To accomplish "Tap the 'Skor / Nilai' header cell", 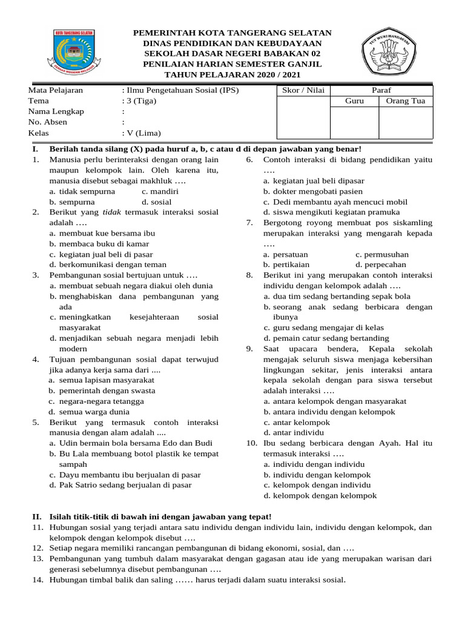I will click(x=303, y=90).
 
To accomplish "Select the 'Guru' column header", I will click(x=354, y=101).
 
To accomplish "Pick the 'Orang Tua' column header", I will click(x=406, y=101).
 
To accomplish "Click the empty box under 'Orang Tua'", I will click(x=406, y=122).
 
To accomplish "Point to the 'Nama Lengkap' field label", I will click(x=56, y=111).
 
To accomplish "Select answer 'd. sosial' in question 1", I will click(x=156, y=202).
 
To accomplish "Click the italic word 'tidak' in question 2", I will click(x=109, y=213).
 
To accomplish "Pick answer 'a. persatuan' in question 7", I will click(x=290, y=254).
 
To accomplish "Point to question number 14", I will click(x=38, y=580).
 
